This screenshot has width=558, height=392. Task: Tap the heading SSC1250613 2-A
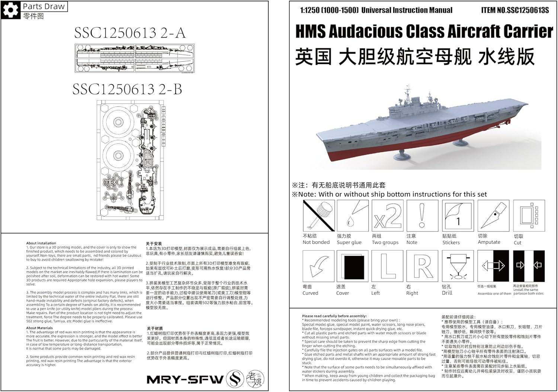tap(129, 33)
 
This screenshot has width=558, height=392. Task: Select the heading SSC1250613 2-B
tap(127, 89)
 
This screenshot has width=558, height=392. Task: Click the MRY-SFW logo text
tap(185, 379)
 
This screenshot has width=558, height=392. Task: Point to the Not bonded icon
tap(319, 216)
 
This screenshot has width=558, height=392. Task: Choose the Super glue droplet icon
tap(352, 216)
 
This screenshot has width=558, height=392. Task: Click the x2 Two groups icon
tap(387, 216)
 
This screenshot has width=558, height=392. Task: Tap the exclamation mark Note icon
tap(422, 216)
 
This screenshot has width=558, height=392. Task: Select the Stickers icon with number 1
tap(458, 216)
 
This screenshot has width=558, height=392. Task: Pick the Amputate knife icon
tap(493, 216)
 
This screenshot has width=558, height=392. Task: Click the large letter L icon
tap(387, 266)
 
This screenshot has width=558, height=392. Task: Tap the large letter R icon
tap(422, 266)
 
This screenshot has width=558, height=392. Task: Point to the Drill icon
tap(458, 266)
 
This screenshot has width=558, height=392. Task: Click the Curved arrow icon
tap(319, 266)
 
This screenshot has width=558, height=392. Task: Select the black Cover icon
tap(352, 266)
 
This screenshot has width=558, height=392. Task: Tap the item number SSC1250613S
tap(527, 10)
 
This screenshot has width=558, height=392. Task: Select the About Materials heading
tap(39, 328)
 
